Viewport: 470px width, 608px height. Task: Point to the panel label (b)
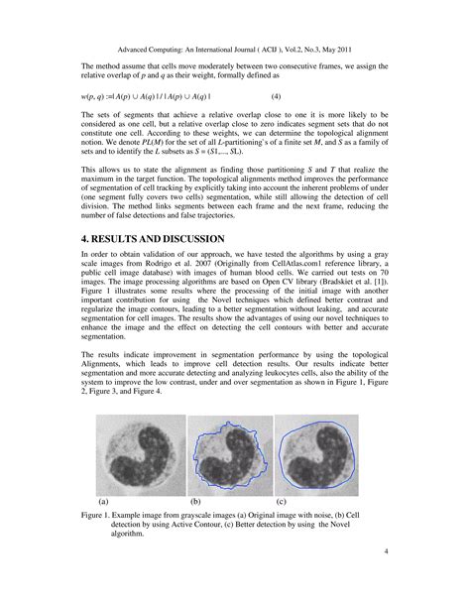point(195,503)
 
